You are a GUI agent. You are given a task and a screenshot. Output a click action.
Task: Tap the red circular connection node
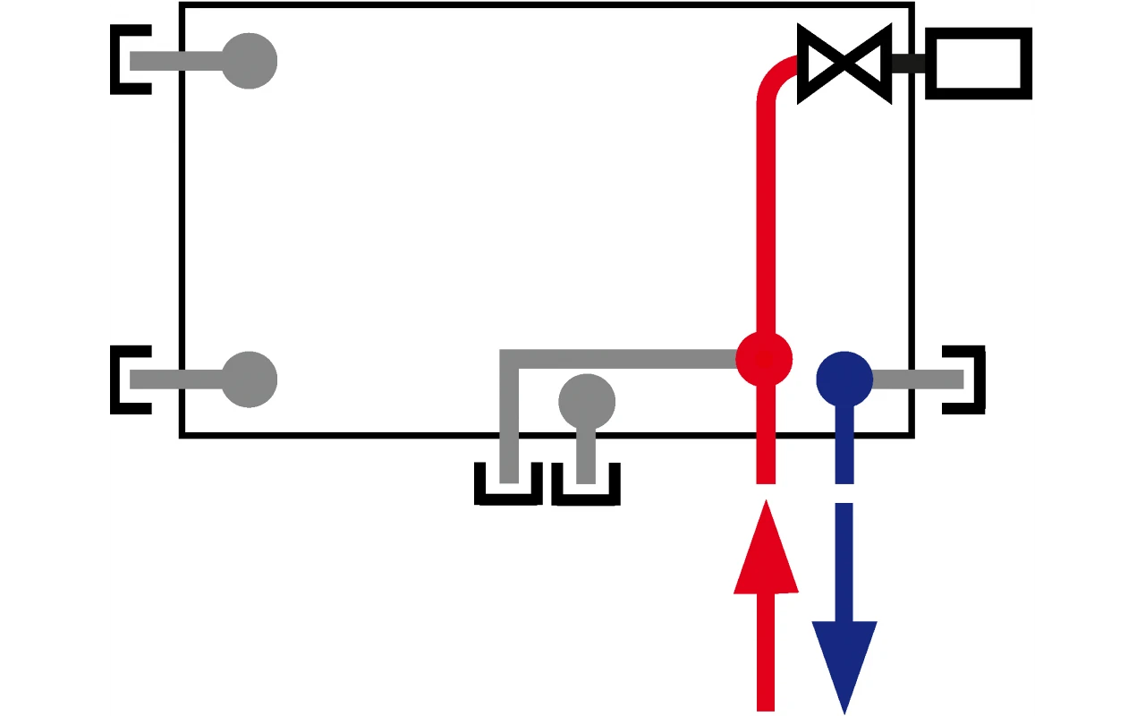764,359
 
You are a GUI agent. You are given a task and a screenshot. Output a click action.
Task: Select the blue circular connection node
844,379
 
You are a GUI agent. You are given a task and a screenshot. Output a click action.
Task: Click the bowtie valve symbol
844,64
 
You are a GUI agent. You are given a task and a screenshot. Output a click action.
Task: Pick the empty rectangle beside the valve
979,63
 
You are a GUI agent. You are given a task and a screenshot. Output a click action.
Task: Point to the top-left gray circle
249,61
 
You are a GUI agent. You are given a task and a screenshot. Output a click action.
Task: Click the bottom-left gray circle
249,379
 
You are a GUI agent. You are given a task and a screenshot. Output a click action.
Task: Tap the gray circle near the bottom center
587,402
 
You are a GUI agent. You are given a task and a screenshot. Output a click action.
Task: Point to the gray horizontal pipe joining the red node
626,359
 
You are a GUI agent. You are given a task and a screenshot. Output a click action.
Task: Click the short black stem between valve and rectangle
908,64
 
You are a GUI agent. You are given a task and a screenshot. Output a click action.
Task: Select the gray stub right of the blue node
917,379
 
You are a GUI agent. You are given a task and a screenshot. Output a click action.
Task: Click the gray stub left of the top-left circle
174,61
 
